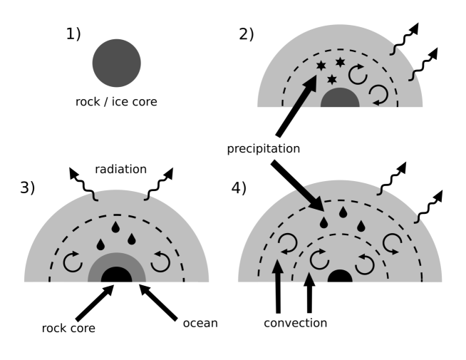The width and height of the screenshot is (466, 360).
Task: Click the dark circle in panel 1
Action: click(116, 63)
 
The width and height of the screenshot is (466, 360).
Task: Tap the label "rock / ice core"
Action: click(116, 101)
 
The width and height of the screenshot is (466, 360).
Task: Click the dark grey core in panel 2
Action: click(339, 99)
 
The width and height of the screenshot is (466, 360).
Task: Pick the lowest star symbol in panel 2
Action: click(331, 79)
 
